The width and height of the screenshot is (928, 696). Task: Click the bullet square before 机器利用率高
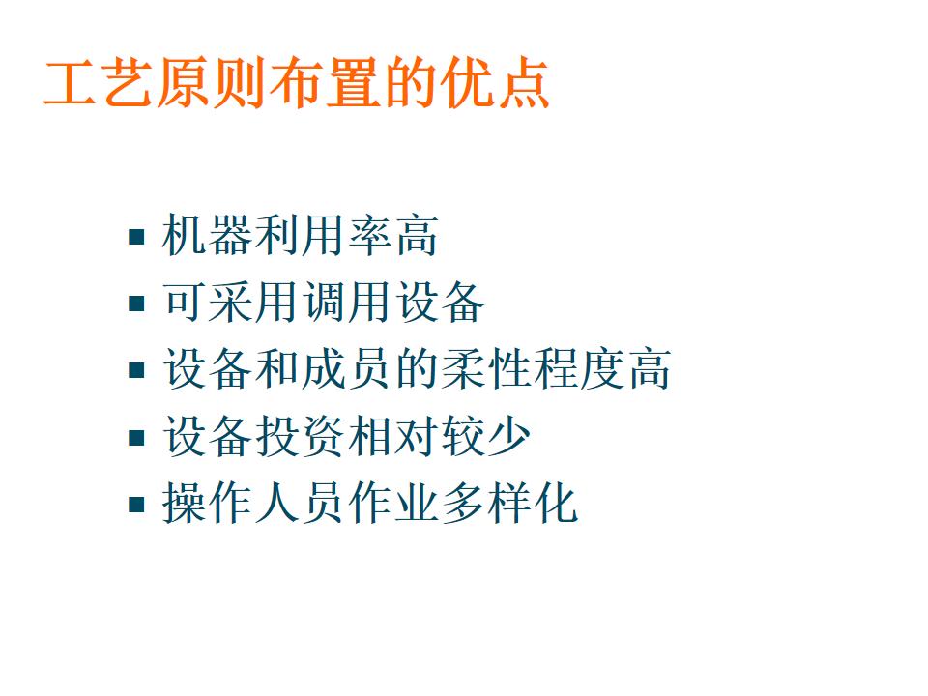(x=137, y=236)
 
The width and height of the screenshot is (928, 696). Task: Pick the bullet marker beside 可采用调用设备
(x=137, y=304)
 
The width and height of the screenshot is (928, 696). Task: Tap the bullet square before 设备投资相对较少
(x=137, y=438)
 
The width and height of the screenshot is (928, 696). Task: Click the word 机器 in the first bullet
(x=208, y=236)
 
